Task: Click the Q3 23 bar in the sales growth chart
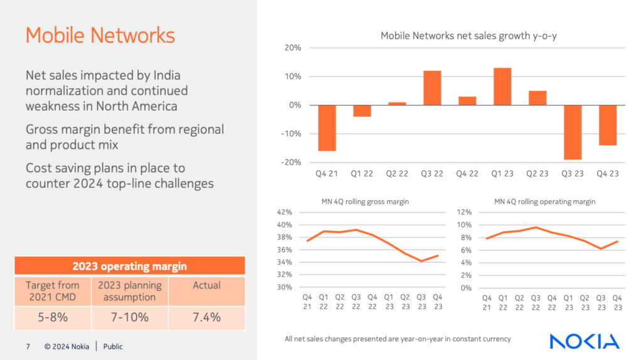click(573, 132)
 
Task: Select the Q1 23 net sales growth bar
click(502, 87)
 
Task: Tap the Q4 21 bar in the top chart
click(327, 128)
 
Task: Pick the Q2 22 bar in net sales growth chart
click(397, 104)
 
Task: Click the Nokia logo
click(584, 341)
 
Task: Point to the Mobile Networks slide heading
click(100, 35)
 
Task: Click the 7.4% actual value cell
click(207, 317)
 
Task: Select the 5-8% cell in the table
click(53, 317)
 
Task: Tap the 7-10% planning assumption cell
click(130, 317)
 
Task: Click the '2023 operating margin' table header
click(129, 266)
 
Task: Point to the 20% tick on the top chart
click(293, 48)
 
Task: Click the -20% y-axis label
click(291, 162)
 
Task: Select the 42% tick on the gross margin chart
click(284, 212)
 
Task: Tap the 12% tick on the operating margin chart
click(464, 212)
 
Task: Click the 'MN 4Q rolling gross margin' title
click(361, 202)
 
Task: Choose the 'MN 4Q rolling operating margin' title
click(544, 202)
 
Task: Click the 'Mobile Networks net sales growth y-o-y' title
click(468, 36)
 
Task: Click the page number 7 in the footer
click(28, 346)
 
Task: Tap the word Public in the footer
click(113, 346)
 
